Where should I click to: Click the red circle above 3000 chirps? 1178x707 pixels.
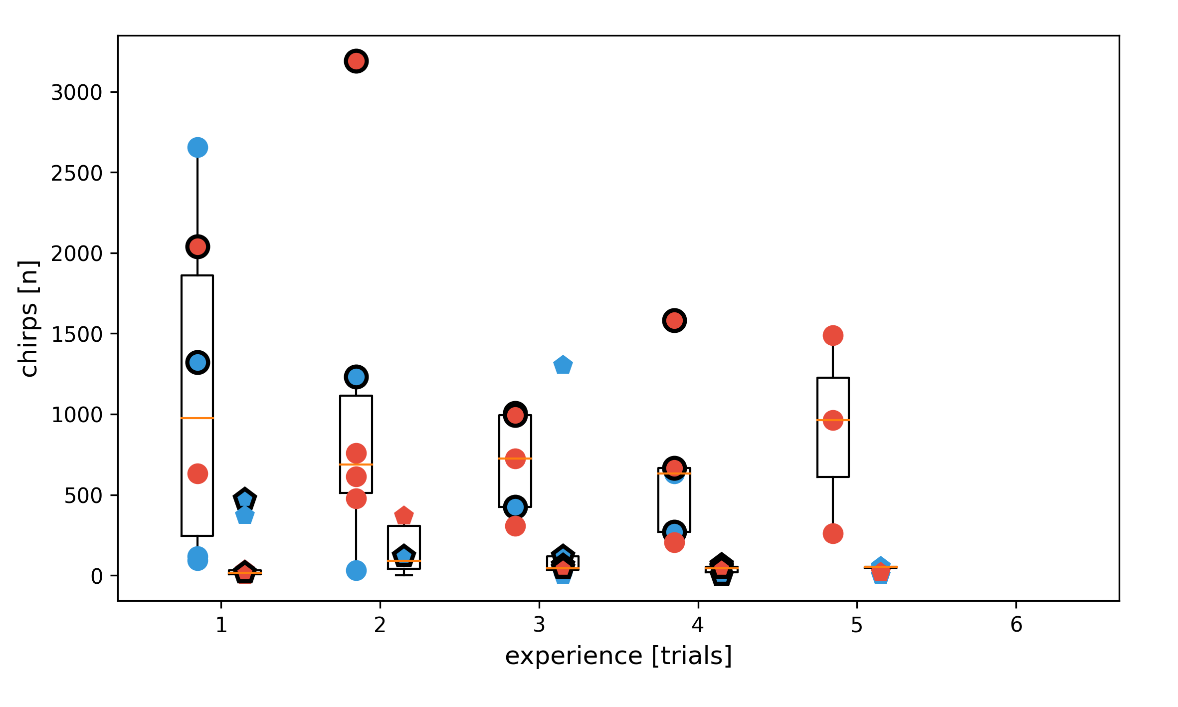(x=356, y=61)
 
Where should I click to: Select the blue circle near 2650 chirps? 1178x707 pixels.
(x=197, y=147)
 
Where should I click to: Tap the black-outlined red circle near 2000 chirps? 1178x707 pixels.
(x=197, y=246)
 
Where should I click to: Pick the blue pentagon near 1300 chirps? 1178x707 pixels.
(x=563, y=365)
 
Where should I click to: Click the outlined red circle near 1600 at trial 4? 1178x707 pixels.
(x=674, y=320)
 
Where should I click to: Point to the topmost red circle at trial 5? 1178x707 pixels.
(x=833, y=335)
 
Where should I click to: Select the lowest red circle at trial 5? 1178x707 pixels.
(x=833, y=533)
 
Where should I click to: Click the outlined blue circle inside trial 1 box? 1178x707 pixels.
(x=197, y=362)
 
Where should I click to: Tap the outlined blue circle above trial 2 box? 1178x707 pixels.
(x=356, y=377)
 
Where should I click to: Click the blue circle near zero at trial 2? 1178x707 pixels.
(x=356, y=570)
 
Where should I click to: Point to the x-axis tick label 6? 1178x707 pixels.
(x=1016, y=625)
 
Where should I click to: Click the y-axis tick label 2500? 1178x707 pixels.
(x=76, y=173)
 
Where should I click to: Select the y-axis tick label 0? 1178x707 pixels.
(x=97, y=576)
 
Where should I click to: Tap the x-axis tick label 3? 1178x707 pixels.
(x=539, y=625)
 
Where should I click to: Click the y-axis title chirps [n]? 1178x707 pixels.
(x=28, y=319)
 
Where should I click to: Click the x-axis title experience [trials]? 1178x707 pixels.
(x=618, y=656)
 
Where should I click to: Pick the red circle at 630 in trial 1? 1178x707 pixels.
(x=197, y=473)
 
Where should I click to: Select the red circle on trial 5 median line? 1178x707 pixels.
(x=833, y=420)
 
